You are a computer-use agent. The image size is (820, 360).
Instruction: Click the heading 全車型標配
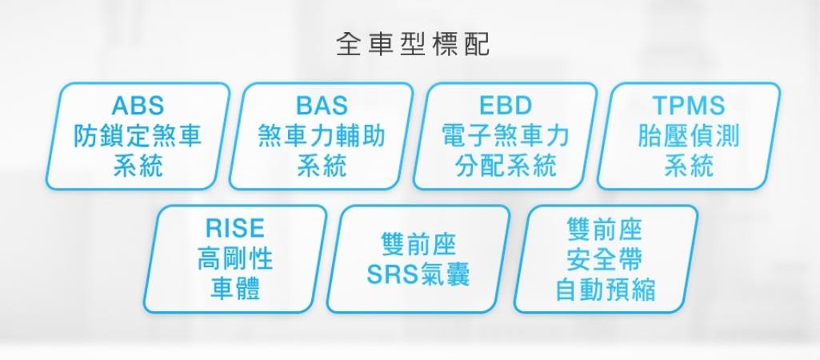pyautogui.click(x=413, y=45)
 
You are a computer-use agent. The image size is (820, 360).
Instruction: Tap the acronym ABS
pyautogui.click(x=138, y=105)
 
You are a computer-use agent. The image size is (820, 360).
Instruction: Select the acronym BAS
pyautogui.click(x=322, y=105)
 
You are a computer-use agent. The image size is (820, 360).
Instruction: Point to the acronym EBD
pyautogui.click(x=506, y=105)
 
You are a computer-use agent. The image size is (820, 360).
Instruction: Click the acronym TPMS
pyautogui.click(x=689, y=105)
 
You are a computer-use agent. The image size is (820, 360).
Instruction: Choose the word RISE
pyautogui.click(x=235, y=228)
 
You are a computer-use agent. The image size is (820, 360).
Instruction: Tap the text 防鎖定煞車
pyautogui.click(x=138, y=136)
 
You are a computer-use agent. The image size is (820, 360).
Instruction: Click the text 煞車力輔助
pyautogui.click(x=322, y=136)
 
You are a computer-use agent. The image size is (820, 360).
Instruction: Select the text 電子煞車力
pyautogui.click(x=506, y=136)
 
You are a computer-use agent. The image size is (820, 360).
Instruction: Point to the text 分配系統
pyautogui.click(x=506, y=166)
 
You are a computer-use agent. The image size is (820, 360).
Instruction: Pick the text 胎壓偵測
pyautogui.click(x=689, y=136)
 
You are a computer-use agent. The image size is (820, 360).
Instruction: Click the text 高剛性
pyautogui.click(x=235, y=259)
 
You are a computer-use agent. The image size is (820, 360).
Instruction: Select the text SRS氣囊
pyautogui.click(x=418, y=274)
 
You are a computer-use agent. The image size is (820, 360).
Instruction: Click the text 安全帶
pyautogui.click(x=605, y=259)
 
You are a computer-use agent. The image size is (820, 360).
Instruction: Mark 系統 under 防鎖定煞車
pyautogui.click(x=138, y=166)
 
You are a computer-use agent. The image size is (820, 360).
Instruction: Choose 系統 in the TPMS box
pyautogui.click(x=689, y=166)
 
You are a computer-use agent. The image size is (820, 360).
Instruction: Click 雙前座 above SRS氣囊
pyautogui.click(x=418, y=244)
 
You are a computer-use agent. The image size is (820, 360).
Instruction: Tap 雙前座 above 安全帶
pyautogui.click(x=605, y=229)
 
